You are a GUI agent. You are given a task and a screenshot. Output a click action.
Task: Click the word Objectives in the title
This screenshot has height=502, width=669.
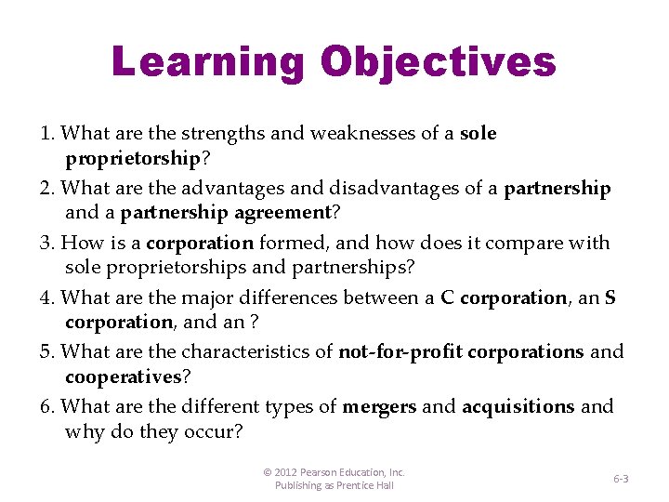438,62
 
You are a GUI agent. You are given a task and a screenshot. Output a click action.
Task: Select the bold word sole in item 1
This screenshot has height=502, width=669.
479,134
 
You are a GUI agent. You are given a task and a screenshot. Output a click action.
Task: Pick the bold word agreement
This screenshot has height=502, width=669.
280,212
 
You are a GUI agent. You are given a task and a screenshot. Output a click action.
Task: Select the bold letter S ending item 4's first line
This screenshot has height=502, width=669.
610,297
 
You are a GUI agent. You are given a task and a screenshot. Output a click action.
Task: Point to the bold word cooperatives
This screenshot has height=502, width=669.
123,376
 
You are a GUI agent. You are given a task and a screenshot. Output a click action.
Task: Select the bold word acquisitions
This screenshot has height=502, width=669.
518,407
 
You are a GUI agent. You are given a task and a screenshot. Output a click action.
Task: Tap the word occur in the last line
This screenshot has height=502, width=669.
213,431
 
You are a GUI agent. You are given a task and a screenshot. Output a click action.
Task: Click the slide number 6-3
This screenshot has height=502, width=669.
621,478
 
